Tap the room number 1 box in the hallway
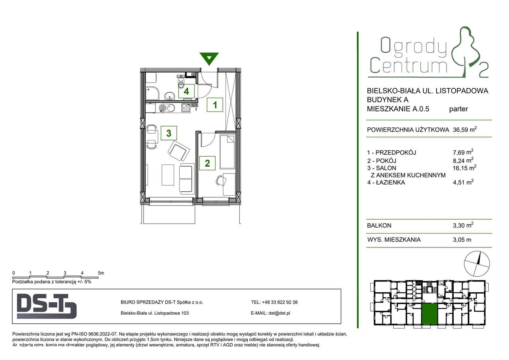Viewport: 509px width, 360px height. pyautogui.click(x=215, y=105)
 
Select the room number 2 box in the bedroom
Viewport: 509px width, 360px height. pyautogui.click(x=207, y=163)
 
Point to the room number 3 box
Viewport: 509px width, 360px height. pyautogui.click(x=169, y=133)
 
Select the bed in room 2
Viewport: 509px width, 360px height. pyautogui.click(x=227, y=151)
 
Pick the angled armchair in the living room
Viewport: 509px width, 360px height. pyautogui.click(x=177, y=150)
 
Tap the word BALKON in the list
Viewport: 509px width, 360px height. pyautogui.click(x=379, y=226)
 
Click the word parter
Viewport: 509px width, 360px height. pyautogui.click(x=458, y=109)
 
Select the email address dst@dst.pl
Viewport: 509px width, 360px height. pyautogui.click(x=282, y=313)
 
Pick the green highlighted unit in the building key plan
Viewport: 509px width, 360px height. pyautogui.click(x=429, y=314)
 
